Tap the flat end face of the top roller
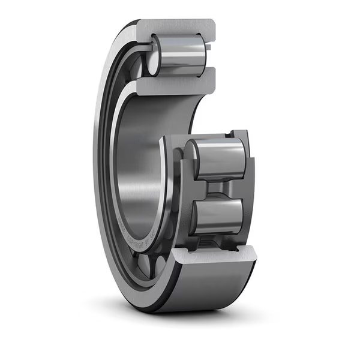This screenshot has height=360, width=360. [154, 56]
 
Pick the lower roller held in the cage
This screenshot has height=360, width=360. [219, 216]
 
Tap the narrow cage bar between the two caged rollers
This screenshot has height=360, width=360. [217, 188]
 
